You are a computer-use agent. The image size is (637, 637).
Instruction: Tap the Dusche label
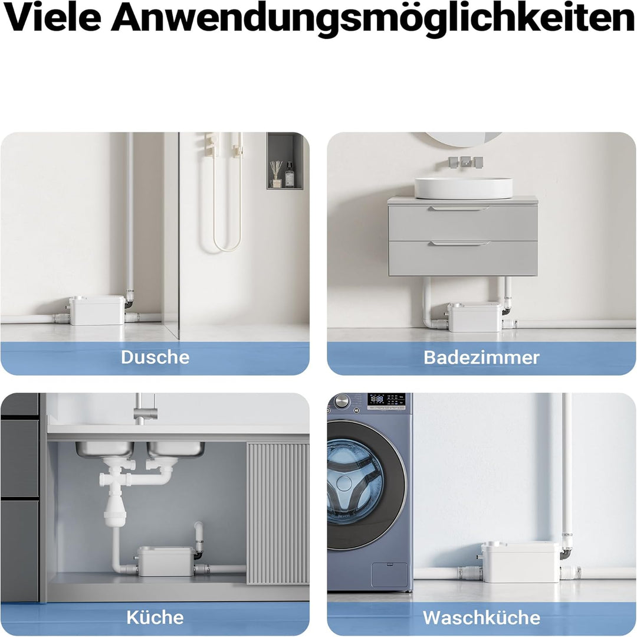(x=155, y=357)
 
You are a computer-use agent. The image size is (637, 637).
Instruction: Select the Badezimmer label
(x=481, y=357)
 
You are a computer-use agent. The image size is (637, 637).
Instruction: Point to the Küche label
(x=155, y=618)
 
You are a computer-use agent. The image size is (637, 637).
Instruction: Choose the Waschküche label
(x=481, y=618)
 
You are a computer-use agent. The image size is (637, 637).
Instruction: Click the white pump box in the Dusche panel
(x=97, y=310)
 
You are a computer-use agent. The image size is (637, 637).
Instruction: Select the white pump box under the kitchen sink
(x=166, y=561)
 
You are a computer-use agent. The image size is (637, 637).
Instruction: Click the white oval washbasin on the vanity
(x=463, y=188)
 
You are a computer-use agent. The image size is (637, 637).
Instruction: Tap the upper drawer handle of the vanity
(x=459, y=208)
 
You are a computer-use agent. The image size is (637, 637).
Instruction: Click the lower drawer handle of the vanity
(x=459, y=243)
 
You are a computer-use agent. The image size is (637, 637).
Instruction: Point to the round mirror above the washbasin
(x=463, y=139)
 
